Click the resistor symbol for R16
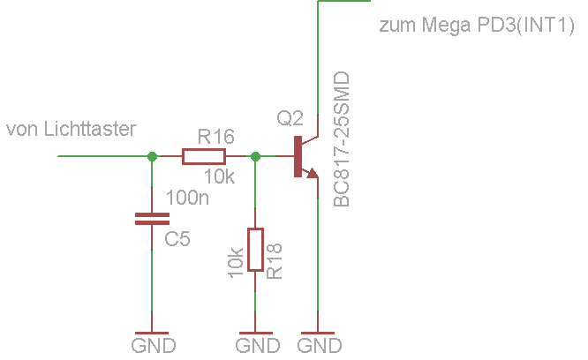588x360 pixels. [204, 156]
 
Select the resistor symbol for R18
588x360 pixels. [255, 249]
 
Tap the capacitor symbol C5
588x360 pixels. [153, 218]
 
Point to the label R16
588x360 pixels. [215, 137]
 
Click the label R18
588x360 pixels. [275, 262]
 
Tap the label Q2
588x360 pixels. [290, 117]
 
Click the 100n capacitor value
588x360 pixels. [187, 198]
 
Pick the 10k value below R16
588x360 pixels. [220, 177]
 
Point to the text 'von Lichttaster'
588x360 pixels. [72, 130]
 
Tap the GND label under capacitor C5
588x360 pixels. [153, 345]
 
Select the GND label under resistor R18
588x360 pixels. [256, 345]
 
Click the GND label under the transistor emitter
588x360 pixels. [319, 345]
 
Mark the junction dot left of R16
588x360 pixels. [153, 156]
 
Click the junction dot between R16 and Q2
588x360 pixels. [255, 156]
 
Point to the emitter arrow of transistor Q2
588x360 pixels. [312, 174]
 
